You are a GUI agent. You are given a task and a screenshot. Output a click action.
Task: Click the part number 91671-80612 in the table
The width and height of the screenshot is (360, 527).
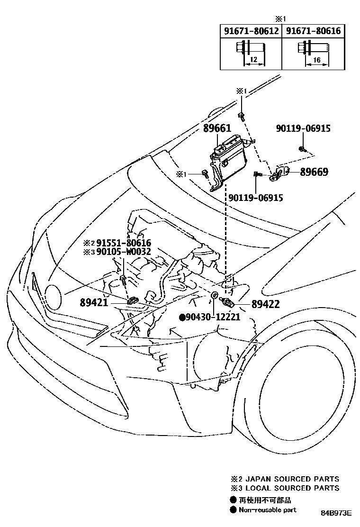pos(251,31)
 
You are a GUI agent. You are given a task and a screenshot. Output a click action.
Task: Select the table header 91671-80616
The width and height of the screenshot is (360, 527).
pos(313,31)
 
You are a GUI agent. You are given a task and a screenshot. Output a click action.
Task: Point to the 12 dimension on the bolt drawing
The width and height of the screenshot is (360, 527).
pos(253,59)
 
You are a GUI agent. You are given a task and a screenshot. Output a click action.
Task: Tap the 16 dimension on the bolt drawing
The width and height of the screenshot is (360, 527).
pos(316,59)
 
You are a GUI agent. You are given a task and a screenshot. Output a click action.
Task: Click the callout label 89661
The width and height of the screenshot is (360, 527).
pos(217,129)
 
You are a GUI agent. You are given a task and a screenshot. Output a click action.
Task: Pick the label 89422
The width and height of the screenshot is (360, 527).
pos(265,304)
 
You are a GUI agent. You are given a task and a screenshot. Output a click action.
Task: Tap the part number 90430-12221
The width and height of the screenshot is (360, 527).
pos(213,317)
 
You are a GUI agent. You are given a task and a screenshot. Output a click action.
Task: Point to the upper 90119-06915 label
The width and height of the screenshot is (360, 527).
pos(303,128)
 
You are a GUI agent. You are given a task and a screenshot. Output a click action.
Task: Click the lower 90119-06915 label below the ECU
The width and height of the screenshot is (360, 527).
pos(256,198)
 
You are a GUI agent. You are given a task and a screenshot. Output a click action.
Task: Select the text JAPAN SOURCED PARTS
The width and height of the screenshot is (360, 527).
pos(292,479)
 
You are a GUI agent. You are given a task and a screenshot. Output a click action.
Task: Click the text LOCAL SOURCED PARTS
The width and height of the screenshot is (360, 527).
pos(292,488)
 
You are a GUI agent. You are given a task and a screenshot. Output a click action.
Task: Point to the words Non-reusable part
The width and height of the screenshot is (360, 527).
pos(268,509)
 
